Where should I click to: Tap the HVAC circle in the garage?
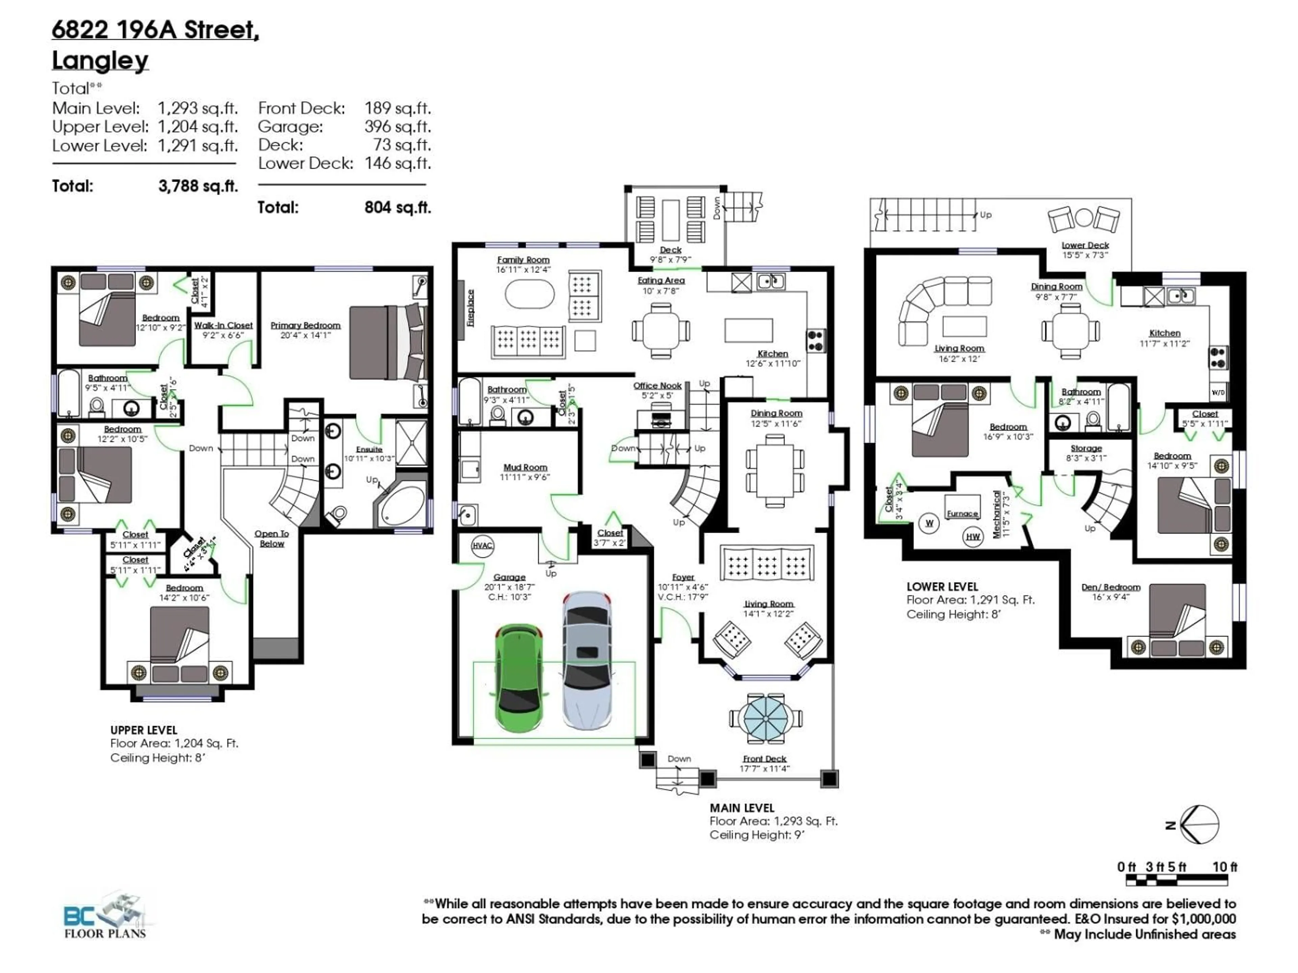point(482,545)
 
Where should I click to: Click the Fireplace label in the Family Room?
point(470,308)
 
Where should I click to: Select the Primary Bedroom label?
point(305,325)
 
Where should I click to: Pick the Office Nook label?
point(657,386)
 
